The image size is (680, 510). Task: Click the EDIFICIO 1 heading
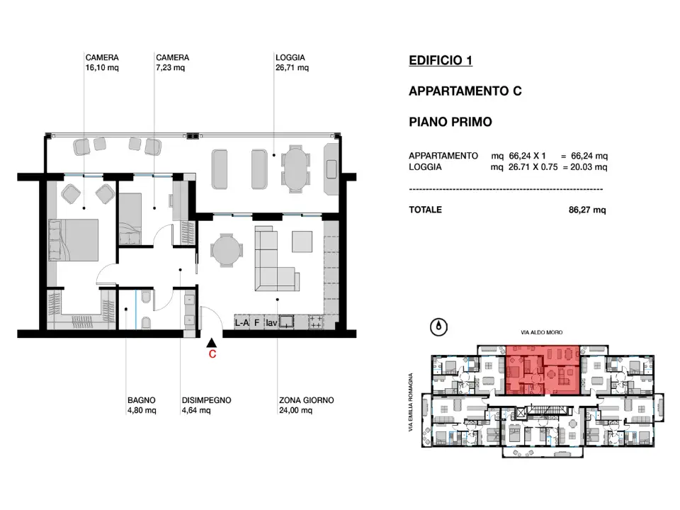click(441, 61)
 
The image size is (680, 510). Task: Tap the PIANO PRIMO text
click(450, 122)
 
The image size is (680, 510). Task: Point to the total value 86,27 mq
click(587, 210)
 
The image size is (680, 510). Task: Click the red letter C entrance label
click(212, 356)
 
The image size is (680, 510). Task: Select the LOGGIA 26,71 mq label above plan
click(292, 63)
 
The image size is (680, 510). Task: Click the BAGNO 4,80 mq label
click(142, 404)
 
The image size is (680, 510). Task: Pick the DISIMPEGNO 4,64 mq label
click(205, 404)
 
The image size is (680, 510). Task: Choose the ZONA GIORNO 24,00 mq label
click(306, 404)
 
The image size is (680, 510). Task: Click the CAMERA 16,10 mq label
click(101, 63)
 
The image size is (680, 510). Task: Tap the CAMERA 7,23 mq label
click(172, 63)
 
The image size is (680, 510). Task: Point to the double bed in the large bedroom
click(73, 240)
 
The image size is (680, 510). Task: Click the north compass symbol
click(440, 327)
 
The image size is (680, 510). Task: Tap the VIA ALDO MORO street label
click(544, 332)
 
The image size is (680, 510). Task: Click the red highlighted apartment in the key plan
click(543, 370)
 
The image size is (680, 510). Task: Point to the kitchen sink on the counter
click(287, 322)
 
